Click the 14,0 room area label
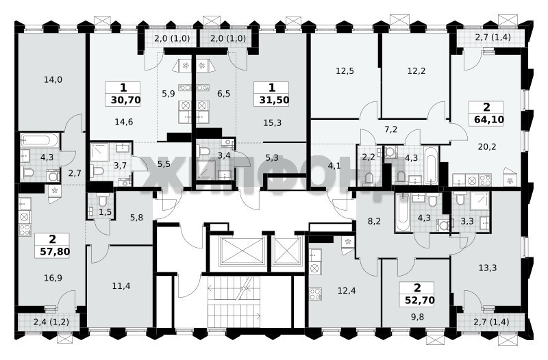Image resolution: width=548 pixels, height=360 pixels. [x=53, y=79]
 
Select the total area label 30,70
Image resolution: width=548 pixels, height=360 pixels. [x=126, y=101]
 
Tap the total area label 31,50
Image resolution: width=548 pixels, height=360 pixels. [x=275, y=100]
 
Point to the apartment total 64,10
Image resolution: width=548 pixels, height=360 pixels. [x=489, y=120]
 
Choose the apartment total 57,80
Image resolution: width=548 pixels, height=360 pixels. [x=55, y=251]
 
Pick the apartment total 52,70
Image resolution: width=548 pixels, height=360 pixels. [x=420, y=300]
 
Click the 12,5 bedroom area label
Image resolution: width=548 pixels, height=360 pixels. [x=345, y=71]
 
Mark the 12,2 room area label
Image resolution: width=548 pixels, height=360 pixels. [x=416, y=71]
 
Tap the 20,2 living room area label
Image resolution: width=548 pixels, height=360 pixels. [x=487, y=146]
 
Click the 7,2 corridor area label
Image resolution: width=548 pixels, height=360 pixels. [x=391, y=129]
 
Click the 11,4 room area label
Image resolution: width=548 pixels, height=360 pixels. [x=121, y=286]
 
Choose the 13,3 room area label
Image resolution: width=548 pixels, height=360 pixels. [x=488, y=268]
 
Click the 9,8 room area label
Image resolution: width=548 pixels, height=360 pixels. [x=417, y=317]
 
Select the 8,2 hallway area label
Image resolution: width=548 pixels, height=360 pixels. [x=374, y=220]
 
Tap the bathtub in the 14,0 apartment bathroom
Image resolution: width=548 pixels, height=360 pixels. [x=40, y=140]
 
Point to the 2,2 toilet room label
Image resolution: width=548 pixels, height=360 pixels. [x=369, y=157]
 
